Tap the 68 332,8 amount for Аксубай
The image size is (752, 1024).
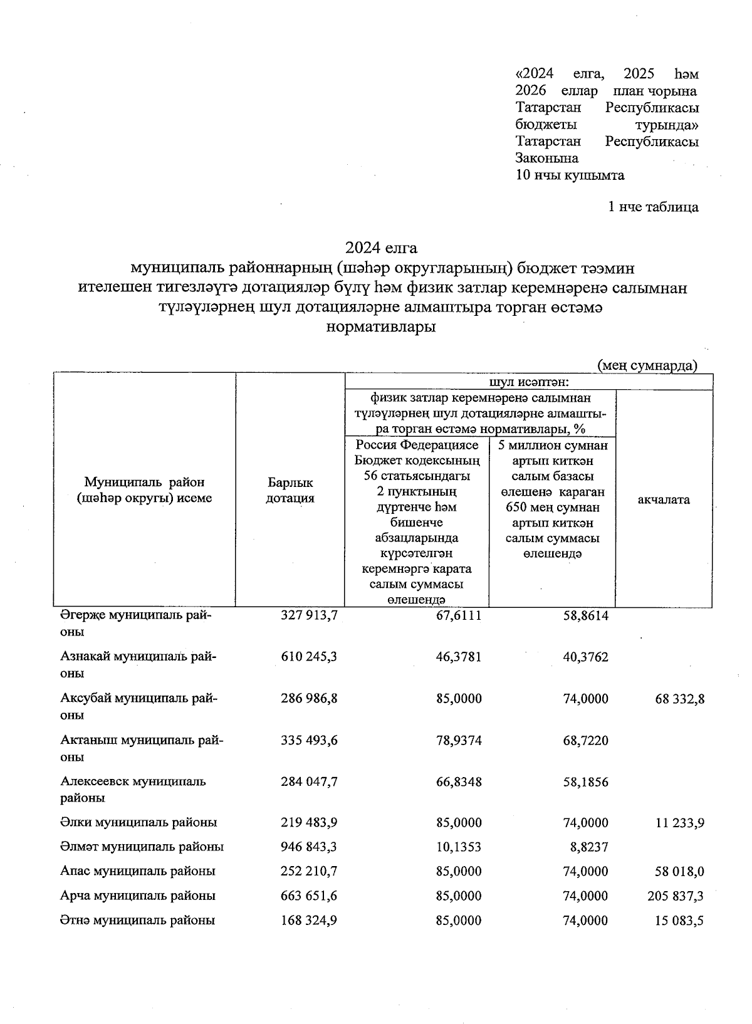[x=676, y=698]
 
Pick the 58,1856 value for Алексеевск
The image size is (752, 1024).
[x=585, y=782]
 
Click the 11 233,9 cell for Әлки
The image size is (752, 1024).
[x=680, y=822]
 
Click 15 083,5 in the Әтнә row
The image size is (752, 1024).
[x=680, y=921]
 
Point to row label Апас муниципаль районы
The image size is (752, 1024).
[x=138, y=872]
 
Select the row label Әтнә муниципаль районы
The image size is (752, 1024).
[x=138, y=921]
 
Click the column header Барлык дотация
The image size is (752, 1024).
[x=290, y=491]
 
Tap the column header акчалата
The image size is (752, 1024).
[x=664, y=499]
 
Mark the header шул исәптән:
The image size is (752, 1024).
[x=528, y=382]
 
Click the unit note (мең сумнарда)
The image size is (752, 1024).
[x=647, y=365]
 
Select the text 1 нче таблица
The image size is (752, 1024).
[x=653, y=207]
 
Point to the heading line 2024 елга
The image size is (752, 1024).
[x=382, y=248]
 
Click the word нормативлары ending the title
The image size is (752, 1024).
[x=382, y=327]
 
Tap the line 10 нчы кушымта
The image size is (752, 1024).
[x=570, y=175]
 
